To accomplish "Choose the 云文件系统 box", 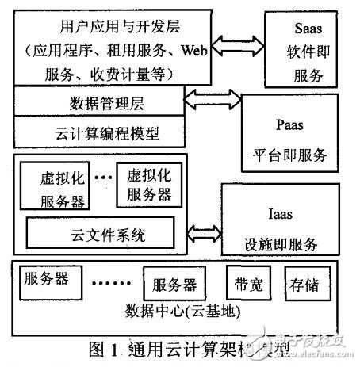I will coord(100,232).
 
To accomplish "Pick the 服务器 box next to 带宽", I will coord(171,284).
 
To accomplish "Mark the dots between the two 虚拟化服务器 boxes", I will coord(100,177).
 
